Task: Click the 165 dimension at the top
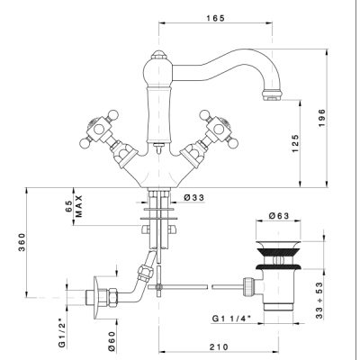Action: [215, 18]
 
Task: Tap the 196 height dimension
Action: [321, 118]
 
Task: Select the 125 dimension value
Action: [295, 143]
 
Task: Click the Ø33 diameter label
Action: [194, 197]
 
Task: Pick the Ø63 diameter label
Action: [279, 216]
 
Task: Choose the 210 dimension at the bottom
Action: [219, 346]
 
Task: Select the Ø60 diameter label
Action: [112, 341]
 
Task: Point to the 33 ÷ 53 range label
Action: [319, 301]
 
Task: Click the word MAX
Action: [78, 206]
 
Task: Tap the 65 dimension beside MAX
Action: [69, 206]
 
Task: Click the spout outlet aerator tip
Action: [272, 94]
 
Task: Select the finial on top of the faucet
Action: [158, 55]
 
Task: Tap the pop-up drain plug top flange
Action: [278, 244]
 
